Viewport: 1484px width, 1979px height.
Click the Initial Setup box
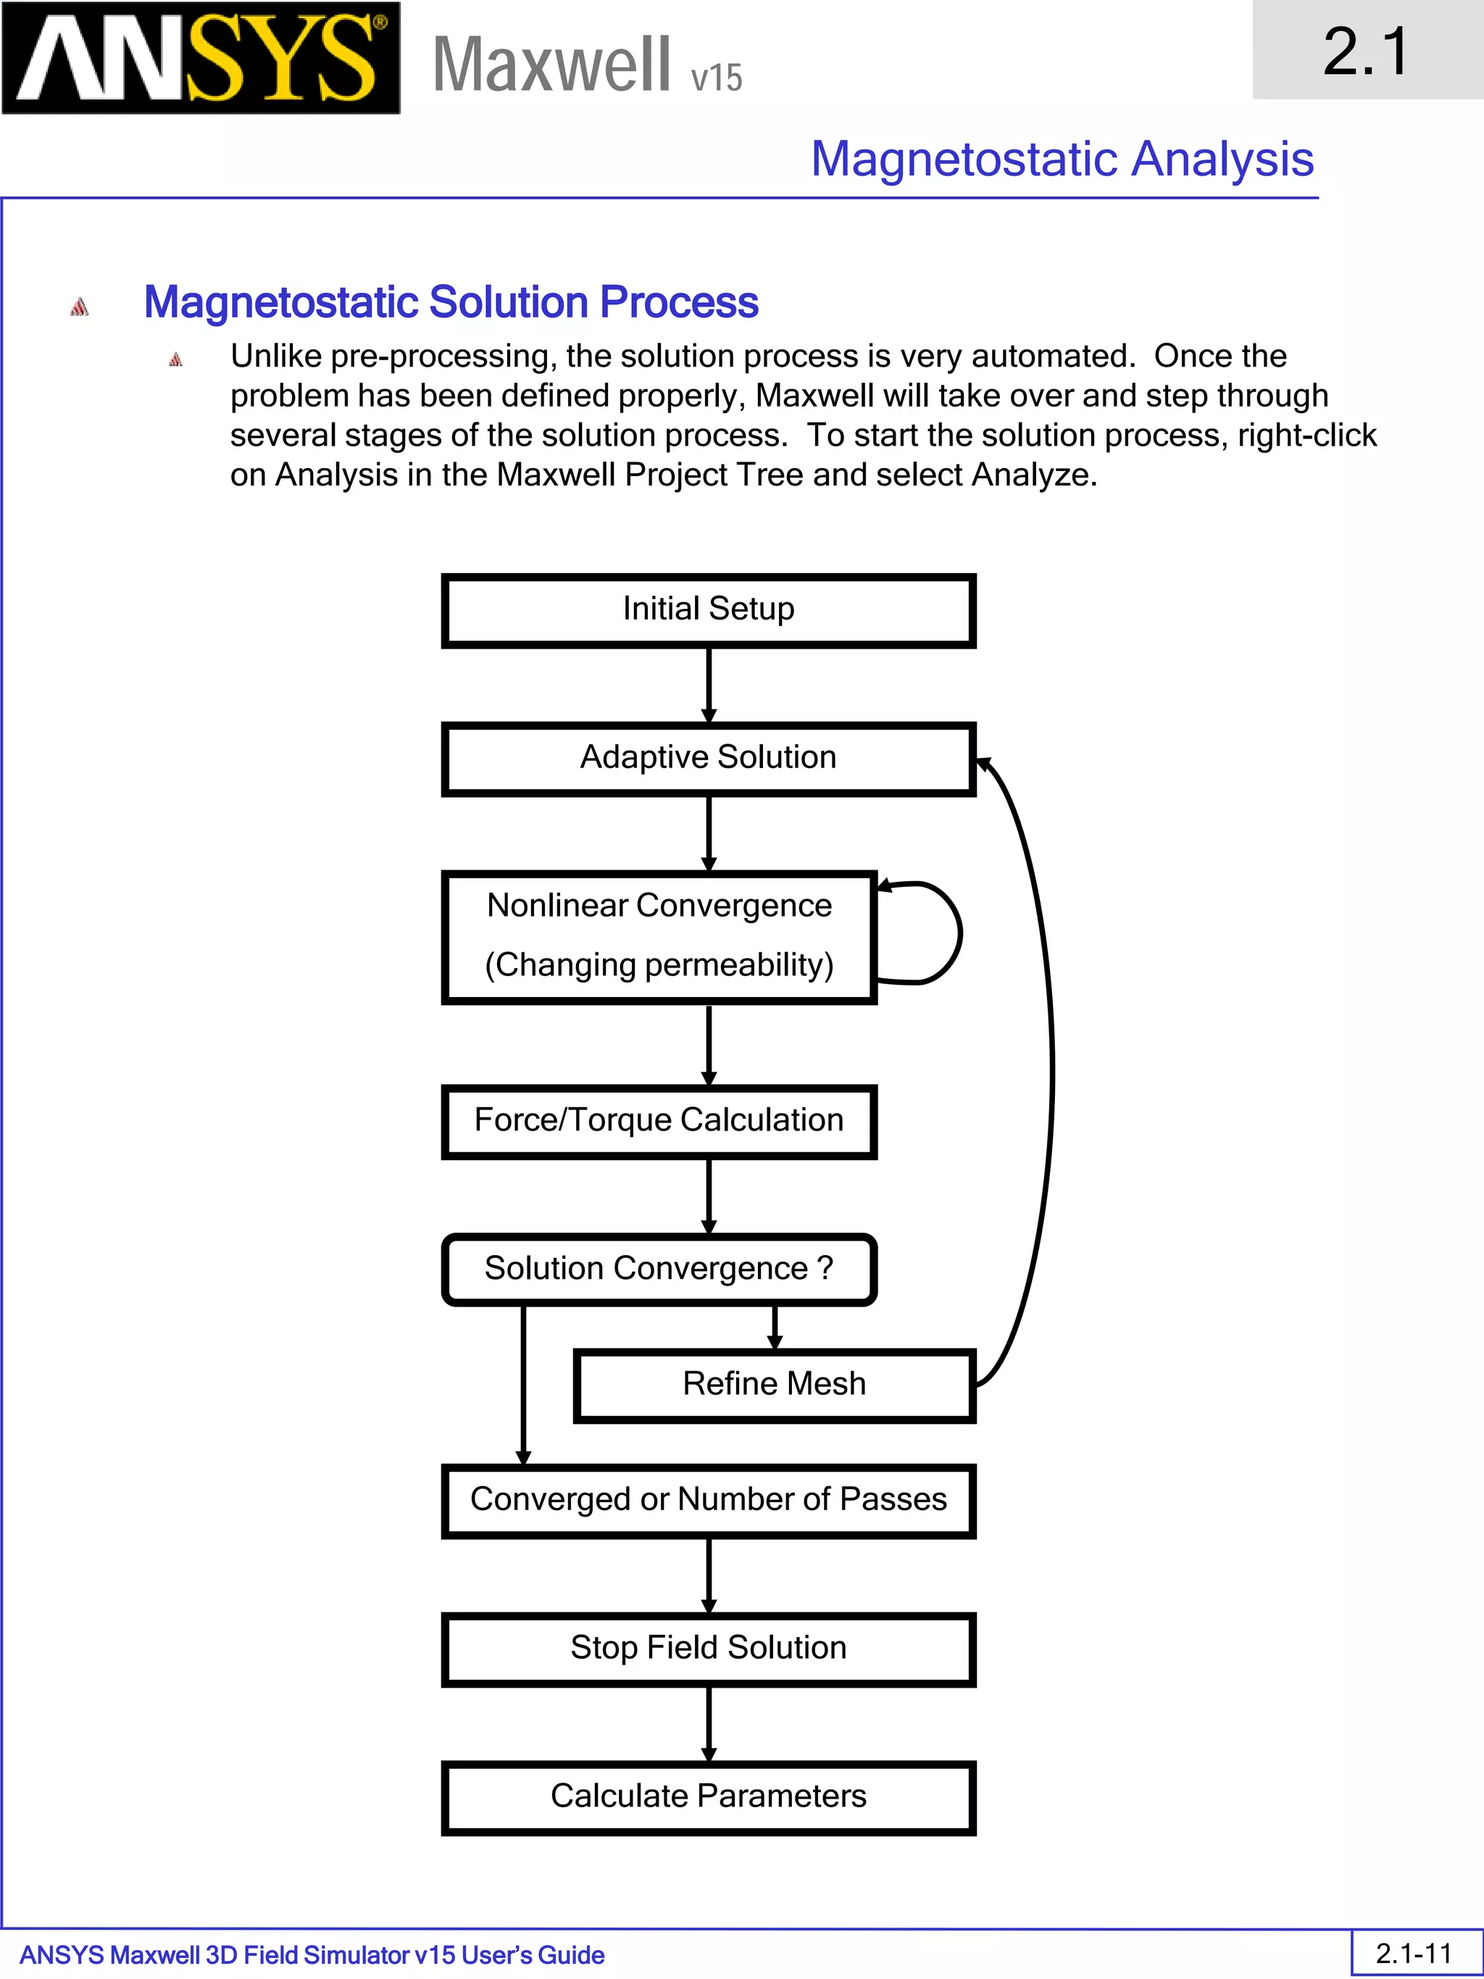point(709,610)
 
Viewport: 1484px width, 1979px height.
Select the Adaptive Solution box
point(709,759)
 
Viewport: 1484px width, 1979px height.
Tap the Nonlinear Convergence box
point(659,936)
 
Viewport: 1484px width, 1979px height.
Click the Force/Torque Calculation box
point(659,1121)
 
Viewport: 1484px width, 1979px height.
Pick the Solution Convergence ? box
point(659,1269)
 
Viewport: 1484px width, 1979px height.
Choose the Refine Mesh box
point(774,1385)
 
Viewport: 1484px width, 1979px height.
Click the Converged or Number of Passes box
point(709,1500)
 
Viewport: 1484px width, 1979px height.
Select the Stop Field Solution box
point(709,1649)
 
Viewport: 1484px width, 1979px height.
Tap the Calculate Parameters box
point(709,1797)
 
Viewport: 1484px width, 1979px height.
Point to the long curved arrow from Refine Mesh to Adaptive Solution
point(1052,1074)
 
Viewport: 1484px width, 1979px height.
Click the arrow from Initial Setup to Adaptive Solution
point(709,684)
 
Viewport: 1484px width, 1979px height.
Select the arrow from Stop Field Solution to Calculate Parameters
point(709,1724)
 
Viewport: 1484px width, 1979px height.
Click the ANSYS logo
point(201,58)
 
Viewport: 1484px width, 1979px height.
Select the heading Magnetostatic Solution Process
point(451,302)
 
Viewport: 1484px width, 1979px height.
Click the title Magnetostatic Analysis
point(1062,159)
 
